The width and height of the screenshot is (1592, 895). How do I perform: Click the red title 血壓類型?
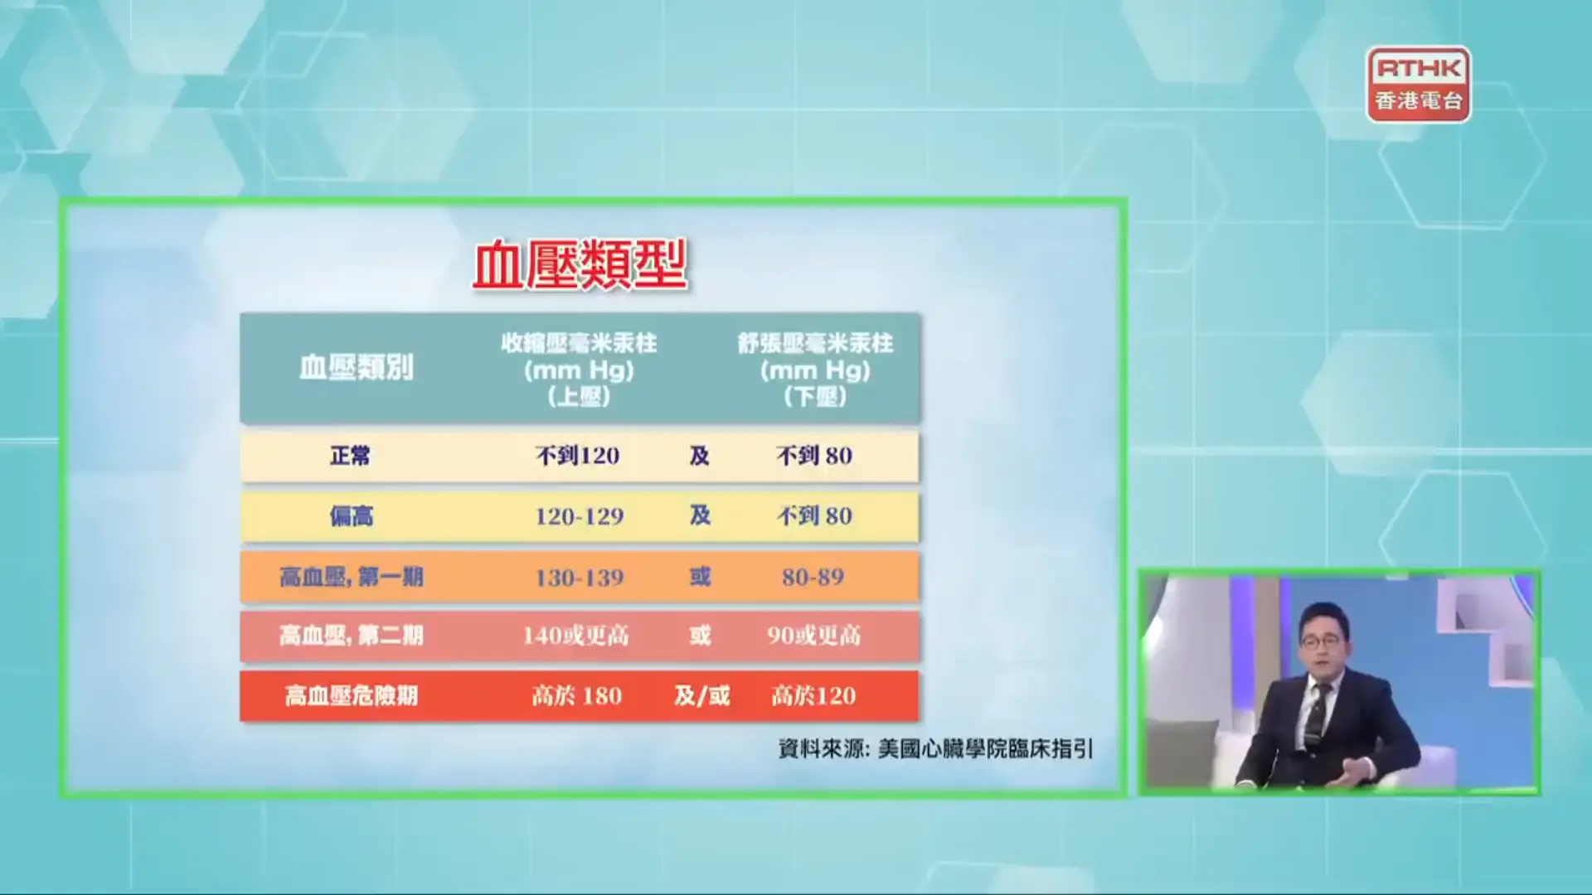pyautogui.click(x=580, y=265)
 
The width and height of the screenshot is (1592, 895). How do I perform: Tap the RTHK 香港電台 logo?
pyautogui.click(x=1419, y=85)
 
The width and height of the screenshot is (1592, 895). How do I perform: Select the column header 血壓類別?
pyautogui.click(x=357, y=368)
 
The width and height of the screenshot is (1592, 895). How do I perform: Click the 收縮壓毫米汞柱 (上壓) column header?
pyautogui.click(x=579, y=370)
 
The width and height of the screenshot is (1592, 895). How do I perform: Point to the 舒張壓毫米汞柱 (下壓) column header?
pyautogui.click(x=815, y=370)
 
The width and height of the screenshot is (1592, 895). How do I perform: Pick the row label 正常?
pyautogui.click(x=351, y=456)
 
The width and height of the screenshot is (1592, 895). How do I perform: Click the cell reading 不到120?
pyautogui.click(x=578, y=456)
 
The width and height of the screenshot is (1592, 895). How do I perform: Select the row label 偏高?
pyautogui.click(x=352, y=516)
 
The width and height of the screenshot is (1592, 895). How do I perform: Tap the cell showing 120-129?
pyautogui.click(x=580, y=516)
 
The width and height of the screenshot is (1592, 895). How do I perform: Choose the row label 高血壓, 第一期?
pyautogui.click(x=352, y=577)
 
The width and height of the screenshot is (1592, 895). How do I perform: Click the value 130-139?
pyautogui.click(x=580, y=578)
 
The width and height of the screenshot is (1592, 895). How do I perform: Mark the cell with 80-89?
pyautogui.click(x=813, y=577)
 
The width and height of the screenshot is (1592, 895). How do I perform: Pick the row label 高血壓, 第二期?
pyautogui.click(x=352, y=636)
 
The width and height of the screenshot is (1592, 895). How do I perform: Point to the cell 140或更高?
pyautogui.click(x=575, y=636)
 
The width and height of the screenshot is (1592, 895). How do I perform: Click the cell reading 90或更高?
pyautogui.click(x=813, y=636)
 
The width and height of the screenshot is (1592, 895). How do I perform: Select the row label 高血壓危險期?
pyautogui.click(x=352, y=695)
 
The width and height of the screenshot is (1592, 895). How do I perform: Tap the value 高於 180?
pyautogui.click(x=576, y=695)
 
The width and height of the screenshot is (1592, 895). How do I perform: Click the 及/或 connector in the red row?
pyautogui.click(x=701, y=695)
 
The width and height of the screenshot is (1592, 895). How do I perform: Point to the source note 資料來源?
pyautogui.click(x=935, y=749)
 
